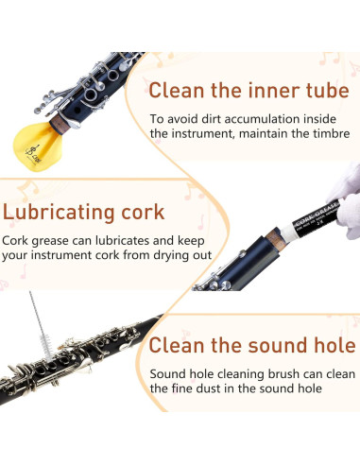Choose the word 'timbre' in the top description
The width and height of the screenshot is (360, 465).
click(x=325, y=134)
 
